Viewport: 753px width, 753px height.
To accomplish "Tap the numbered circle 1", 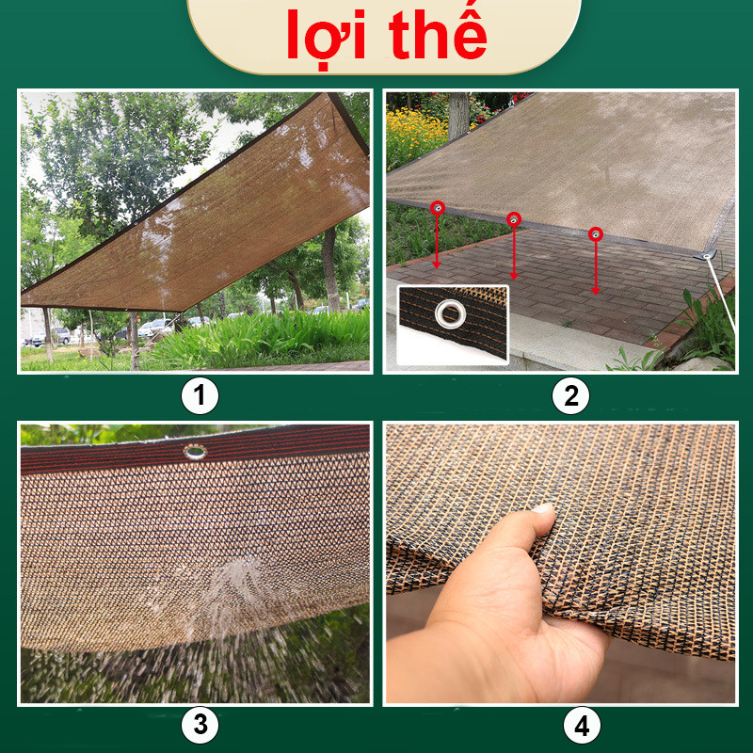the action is pos(200,396).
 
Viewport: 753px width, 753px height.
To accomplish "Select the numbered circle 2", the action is pos(570,396).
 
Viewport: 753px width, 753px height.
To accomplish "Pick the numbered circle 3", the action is pos(200,725).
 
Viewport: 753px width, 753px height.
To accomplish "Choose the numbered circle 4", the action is pos(582,725).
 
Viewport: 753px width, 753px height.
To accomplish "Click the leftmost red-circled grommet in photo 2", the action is pos(438,208).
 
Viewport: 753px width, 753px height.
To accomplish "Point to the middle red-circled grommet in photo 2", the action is pos(513,219).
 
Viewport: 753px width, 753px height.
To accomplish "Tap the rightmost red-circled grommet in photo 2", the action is pos(596,234).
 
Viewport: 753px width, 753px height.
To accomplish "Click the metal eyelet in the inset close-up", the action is pos(451,313).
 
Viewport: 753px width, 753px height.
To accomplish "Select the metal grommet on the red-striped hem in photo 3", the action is pos(195,452).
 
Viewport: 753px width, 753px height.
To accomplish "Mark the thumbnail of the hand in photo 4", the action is pos(542,508).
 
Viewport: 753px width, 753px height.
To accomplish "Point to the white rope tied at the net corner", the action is pos(721,294).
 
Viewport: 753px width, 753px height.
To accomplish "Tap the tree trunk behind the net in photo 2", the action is pos(458,115).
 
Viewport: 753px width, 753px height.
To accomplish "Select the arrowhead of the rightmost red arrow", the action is pos(596,291).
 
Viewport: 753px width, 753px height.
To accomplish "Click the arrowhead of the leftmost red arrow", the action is pos(437,264).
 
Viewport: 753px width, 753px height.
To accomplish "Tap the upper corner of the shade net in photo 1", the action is pos(328,93).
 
